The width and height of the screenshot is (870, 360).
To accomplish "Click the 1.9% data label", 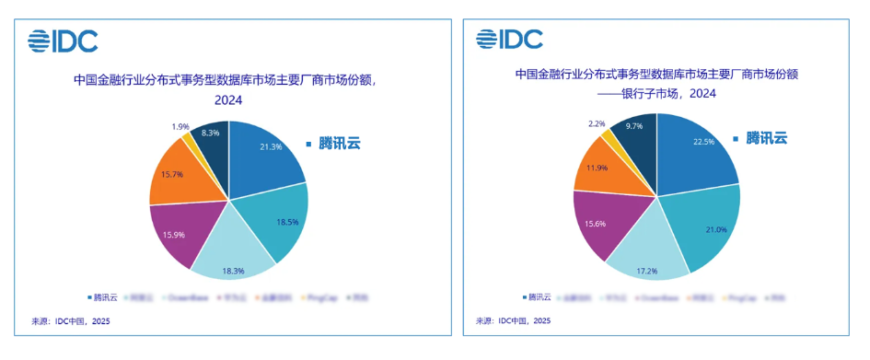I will click(180, 126).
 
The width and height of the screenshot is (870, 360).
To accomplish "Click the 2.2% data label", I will click(597, 122).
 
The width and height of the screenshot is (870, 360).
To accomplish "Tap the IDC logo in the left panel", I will click(63, 41).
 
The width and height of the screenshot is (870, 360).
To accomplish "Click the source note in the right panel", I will click(513, 321).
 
